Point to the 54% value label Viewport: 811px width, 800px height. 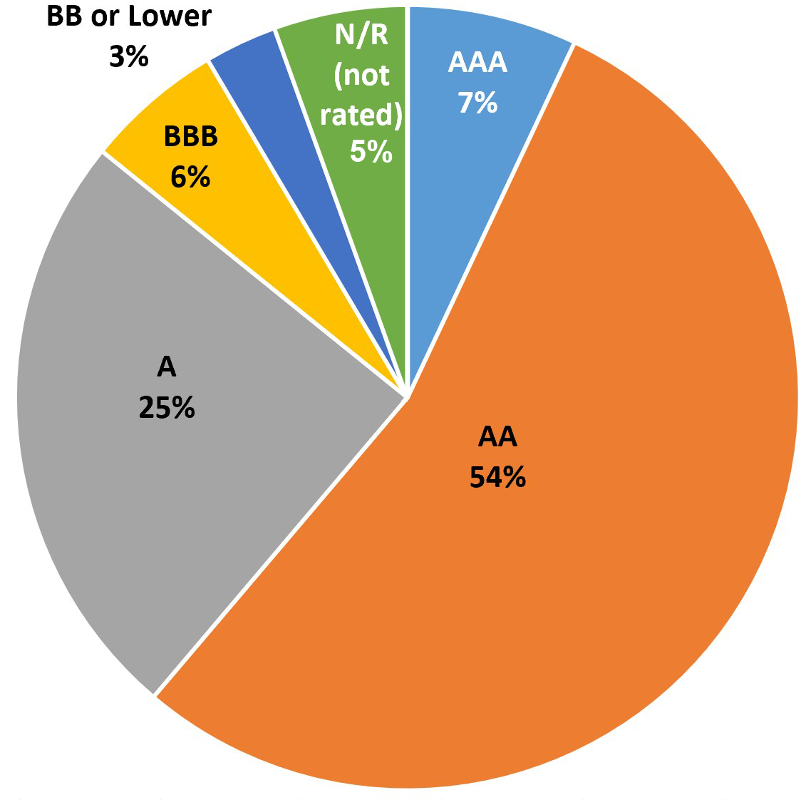(497, 477)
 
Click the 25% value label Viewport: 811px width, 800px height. (167, 409)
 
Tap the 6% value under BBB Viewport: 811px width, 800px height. (190, 176)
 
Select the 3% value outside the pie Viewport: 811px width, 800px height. (129, 56)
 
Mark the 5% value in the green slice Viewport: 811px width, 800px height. (371, 151)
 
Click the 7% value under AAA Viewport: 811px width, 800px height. (477, 103)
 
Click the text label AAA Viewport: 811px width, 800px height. (477, 63)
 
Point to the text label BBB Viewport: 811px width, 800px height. (190, 136)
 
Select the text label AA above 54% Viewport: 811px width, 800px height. (497, 436)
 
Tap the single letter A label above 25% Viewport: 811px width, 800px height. (166, 368)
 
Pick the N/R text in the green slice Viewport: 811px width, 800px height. (362, 34)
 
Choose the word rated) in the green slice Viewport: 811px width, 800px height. (361, 114)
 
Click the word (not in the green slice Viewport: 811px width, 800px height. (362, 74)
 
